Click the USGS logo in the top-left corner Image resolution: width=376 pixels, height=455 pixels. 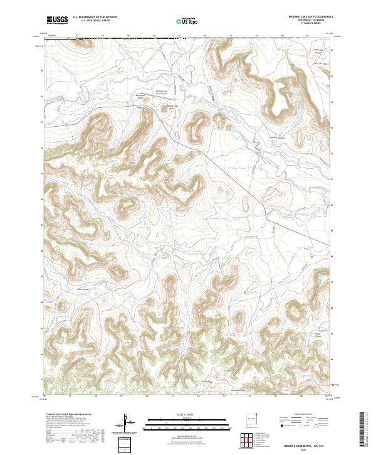click(56, 21)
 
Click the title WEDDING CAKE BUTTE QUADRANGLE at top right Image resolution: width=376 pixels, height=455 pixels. click(303, 17)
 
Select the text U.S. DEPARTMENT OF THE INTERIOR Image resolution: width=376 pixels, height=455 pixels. click(95, 18)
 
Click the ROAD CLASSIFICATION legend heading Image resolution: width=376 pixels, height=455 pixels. click(302, 415)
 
